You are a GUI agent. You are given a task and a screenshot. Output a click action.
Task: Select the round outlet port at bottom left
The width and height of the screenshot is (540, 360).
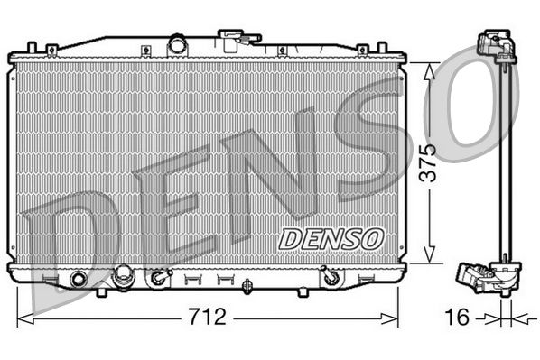pos(79,279)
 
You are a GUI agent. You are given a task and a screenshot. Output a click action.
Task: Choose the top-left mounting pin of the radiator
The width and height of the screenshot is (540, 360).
pos(32,47)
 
